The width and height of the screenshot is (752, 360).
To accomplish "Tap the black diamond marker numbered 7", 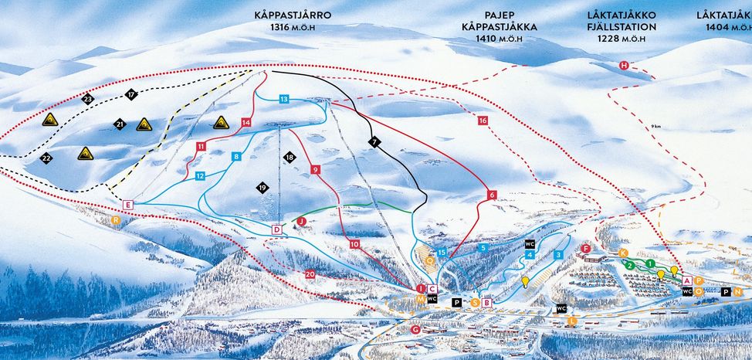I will (374, 142).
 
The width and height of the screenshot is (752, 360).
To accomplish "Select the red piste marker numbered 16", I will (483, 121).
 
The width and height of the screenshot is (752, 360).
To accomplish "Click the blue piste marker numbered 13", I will (284, 100).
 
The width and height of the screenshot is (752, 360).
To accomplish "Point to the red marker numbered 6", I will (492, 196).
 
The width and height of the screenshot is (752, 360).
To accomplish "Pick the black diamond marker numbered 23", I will (87, 99).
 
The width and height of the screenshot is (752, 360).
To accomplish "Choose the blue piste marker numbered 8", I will (236, 157).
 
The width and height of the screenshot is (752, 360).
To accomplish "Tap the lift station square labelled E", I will (127, 204).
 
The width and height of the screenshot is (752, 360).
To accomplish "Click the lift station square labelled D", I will (277, 229).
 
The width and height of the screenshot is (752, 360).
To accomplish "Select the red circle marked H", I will (624, 66).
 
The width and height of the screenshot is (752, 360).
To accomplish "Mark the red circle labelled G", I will (416, 330).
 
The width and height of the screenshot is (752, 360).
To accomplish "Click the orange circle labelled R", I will (116, 220).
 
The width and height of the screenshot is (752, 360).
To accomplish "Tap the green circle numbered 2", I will (631, 265).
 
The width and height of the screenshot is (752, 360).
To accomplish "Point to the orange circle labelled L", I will (572, 320).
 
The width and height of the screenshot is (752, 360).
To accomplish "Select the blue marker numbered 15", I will (442, 253).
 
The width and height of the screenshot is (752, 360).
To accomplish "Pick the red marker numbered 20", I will (310, 274).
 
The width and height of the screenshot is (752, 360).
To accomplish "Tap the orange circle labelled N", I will (738, 291).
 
